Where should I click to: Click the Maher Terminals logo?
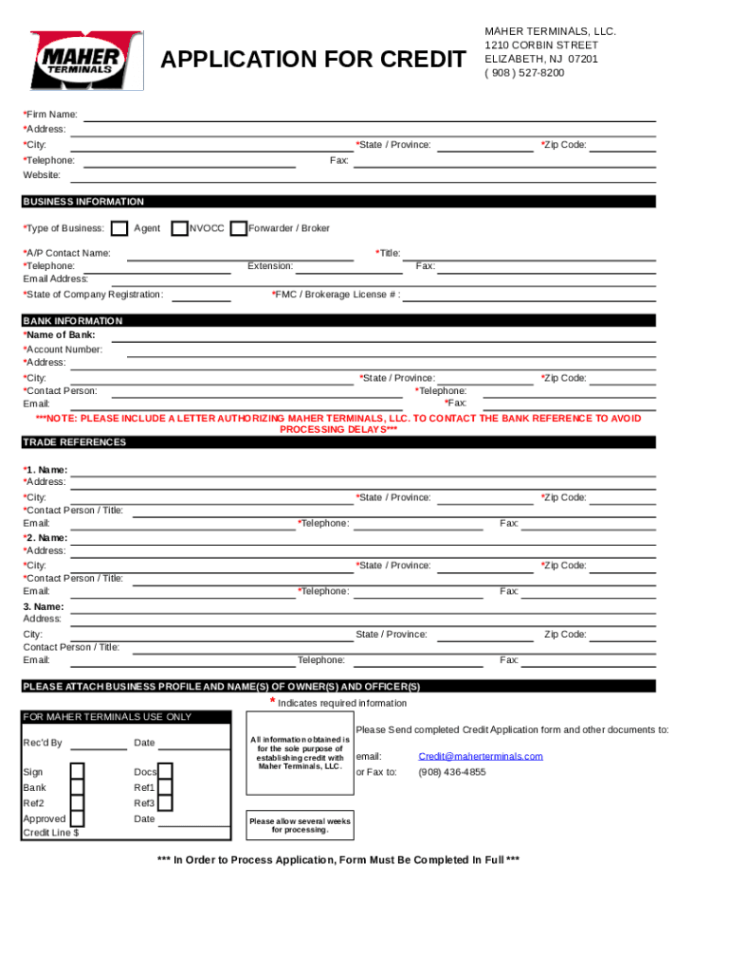click(86, 61)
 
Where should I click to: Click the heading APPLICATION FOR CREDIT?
click(313, 61)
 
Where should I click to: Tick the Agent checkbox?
click(119, 228)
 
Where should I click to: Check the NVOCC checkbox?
click(179, 228)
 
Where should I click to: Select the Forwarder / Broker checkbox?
click(239, 228)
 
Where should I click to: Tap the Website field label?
click(42, 175)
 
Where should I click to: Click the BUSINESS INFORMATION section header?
click(83, 202)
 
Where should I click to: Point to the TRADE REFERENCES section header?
click(75, 442)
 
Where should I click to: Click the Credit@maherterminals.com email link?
click(481, 756)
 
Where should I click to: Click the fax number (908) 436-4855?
click(452, 772)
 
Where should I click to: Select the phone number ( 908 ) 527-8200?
click(524, 72)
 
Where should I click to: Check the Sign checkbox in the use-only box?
click(78, 772)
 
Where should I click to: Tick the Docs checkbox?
click(165, 772)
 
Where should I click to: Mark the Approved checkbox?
click(78, 818)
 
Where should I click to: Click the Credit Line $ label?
click(51, 833)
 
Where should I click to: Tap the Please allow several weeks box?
click(300, 825)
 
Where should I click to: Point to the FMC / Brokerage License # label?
click(336, 295)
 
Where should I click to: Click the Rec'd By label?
click(43, 743)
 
